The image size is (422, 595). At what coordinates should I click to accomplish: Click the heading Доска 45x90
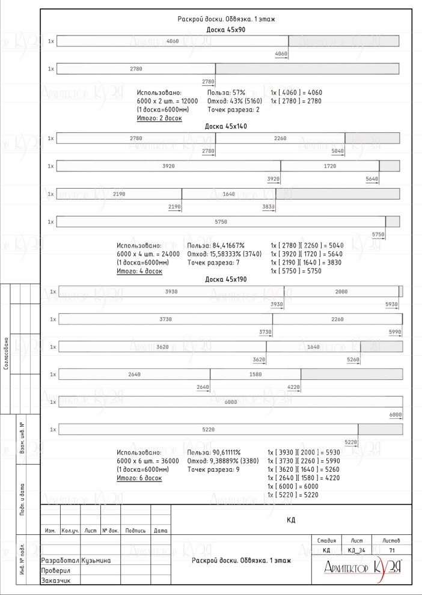(x=225, y=29)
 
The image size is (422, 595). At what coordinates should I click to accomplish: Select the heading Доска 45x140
(x=226, y=126)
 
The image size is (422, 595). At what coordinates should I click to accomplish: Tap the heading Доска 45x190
(x=226, y=279)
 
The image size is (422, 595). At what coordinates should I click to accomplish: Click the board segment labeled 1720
(x=330, y=166)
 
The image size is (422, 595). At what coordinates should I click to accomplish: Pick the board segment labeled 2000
(x=341, y=291)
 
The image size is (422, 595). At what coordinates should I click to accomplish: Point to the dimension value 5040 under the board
(x=337, y=151)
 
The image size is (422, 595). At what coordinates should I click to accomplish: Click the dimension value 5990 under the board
(x=394, y=332)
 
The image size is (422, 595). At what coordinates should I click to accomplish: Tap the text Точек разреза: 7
(x=214, y=263)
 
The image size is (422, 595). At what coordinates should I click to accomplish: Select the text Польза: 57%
(x=226, y=93)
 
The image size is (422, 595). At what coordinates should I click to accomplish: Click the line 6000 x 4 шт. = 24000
(x=148, y=254)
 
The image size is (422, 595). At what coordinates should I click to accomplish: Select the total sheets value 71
(x=392, y=550)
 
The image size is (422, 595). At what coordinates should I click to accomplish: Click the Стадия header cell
(x=326, y=542)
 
